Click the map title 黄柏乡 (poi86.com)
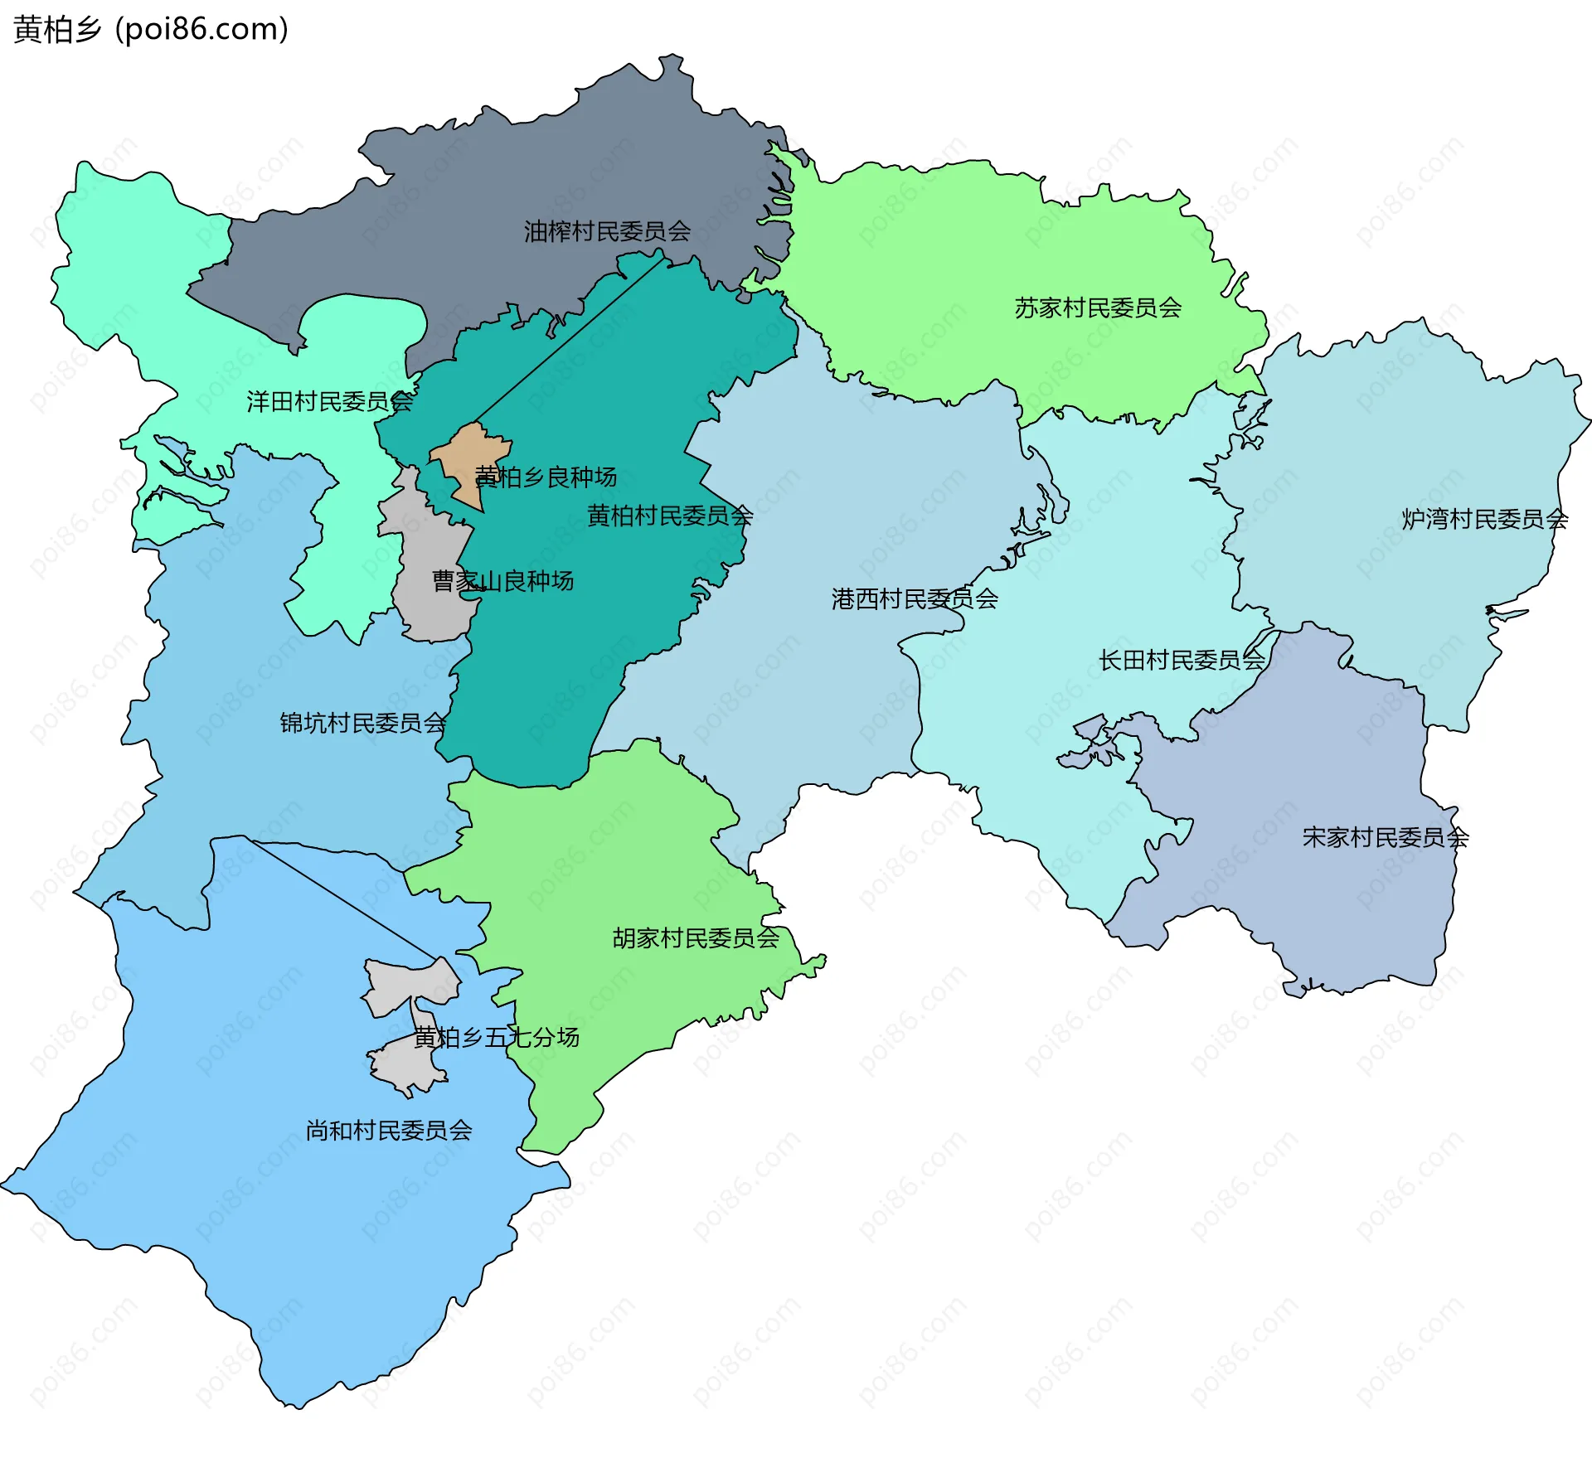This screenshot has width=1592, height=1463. (x=151, y=29)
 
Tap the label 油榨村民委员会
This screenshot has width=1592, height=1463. (x=607, y=231)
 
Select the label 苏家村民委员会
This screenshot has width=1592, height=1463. (x=1098, y=308)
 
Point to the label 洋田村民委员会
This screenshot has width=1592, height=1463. (x=329, y=402)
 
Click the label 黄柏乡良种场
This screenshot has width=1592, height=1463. (x=546, y=477)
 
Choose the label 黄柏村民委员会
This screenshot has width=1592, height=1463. (x=670, y=516)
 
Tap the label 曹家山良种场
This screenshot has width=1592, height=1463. (x=502, y=581)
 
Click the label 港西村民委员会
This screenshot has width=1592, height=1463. (x=915, y=598)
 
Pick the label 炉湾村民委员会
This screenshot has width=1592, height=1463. (x=1484, y=519)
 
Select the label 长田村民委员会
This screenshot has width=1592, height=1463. (x=1182, y=660)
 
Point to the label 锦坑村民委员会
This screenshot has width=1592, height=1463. (x=363, y=723)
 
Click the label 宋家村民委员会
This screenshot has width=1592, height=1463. (x=1385, y=837)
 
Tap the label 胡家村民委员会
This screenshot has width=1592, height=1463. (x=696, y=938)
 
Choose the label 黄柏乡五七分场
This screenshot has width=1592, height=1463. (x=496, y=1037)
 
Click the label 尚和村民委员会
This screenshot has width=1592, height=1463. (x=389, y=1131)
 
